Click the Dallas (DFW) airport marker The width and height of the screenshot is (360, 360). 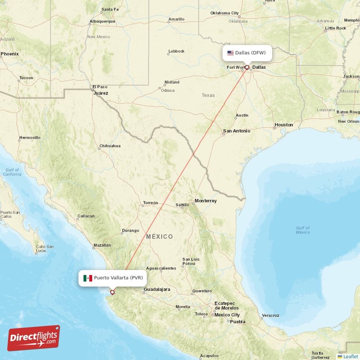(x=247, y=67)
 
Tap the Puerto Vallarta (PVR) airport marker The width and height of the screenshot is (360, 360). (x=112, y=292)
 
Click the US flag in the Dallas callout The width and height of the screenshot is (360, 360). (x=230, y=53)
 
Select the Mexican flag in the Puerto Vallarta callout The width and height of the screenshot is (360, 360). (x=88, y=278)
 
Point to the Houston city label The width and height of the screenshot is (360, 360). (x=283, y=125)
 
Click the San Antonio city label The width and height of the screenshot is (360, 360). (x=236, y=131)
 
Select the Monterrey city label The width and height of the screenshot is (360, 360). (x=205, y=201)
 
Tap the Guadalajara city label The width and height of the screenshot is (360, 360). (x=157, y=289)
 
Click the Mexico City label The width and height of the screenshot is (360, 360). (x=227, y=315)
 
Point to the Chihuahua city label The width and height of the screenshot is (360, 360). (x=110, y=146)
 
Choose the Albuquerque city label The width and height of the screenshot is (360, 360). (x=103, y=22)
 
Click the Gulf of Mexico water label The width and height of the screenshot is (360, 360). (x=303, y=230)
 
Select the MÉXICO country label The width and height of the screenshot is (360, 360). (x=159, y=237)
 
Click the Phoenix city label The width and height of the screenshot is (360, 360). (x=9, y=54)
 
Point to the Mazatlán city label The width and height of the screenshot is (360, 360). (x=101, y=245)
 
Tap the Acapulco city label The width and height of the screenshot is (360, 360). (x=209, y=355)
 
